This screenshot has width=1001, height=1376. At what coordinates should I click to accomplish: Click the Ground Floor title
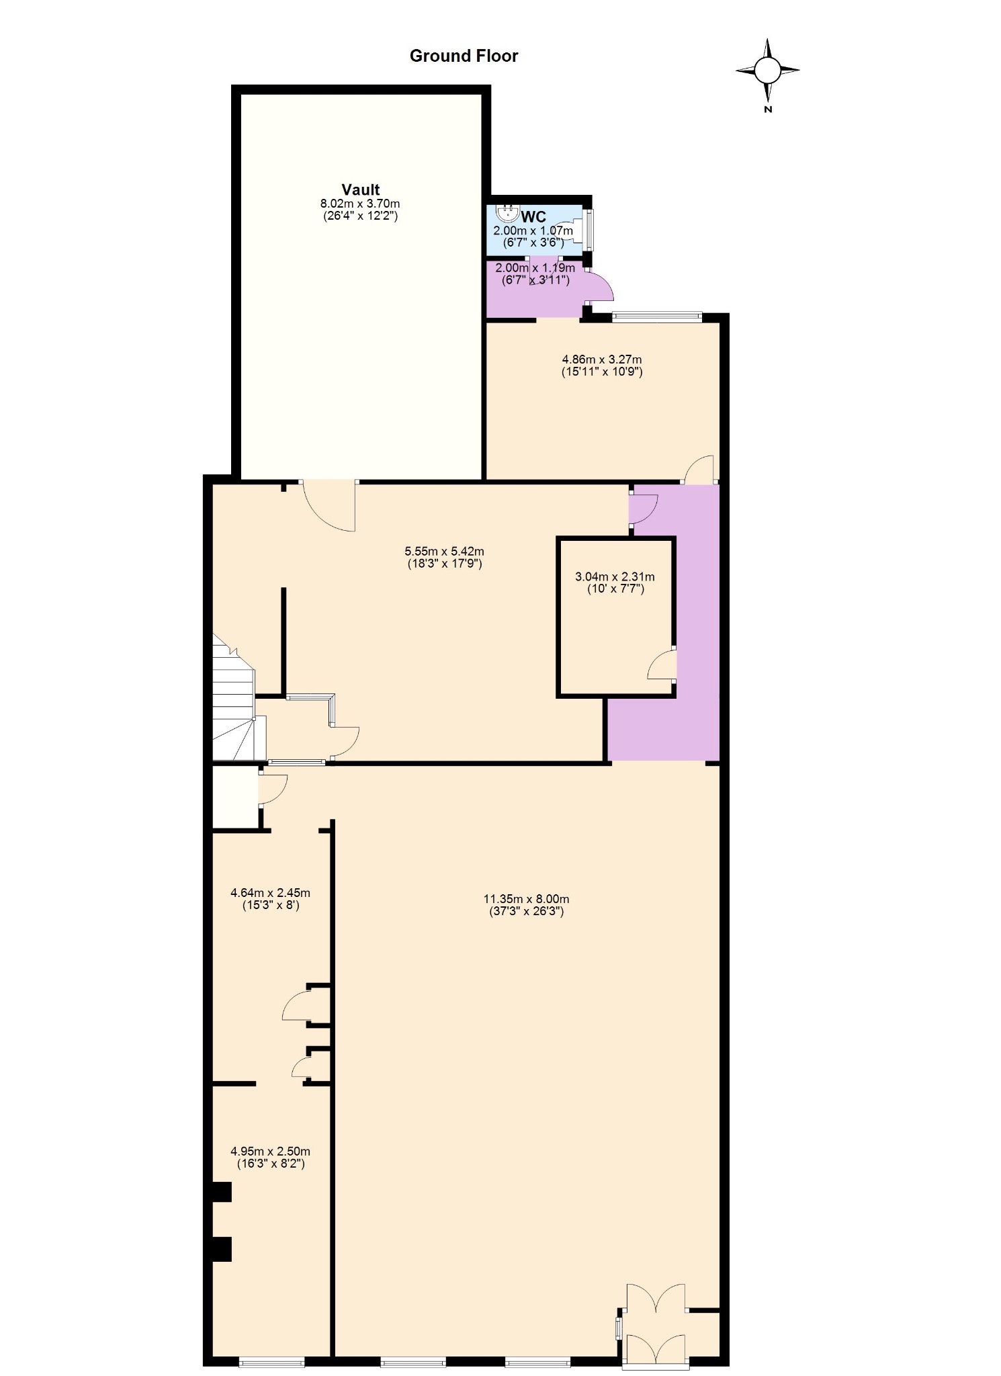(x=464, y=56)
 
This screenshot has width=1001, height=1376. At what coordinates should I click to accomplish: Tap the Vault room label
(x=361, y=189)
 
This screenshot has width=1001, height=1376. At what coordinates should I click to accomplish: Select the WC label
(x=533, y=216)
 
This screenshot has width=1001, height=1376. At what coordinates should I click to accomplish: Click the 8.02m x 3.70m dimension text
(x=360, y=204)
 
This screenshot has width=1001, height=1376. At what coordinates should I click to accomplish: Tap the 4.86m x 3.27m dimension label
(x=602, y=359)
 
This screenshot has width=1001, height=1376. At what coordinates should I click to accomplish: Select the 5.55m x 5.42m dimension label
(x=445, y=552)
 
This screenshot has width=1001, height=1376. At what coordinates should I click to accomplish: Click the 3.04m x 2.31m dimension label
(x=615, y=576)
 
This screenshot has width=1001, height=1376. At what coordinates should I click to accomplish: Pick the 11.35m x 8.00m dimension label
(x=527, y=899)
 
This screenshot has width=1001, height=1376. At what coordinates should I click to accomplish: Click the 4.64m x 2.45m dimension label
(x=270, y=893)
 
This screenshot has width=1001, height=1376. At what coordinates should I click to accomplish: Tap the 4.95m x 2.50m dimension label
(x=270, y=1151)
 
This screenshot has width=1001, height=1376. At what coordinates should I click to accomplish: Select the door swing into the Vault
(x=329, y=506)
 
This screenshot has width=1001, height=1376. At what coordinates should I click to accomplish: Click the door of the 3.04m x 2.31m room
(x=662, y=665)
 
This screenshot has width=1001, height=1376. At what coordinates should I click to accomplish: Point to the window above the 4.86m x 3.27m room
(x=657, y=316)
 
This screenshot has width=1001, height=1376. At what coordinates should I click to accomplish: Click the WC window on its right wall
(x=589, y=230)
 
